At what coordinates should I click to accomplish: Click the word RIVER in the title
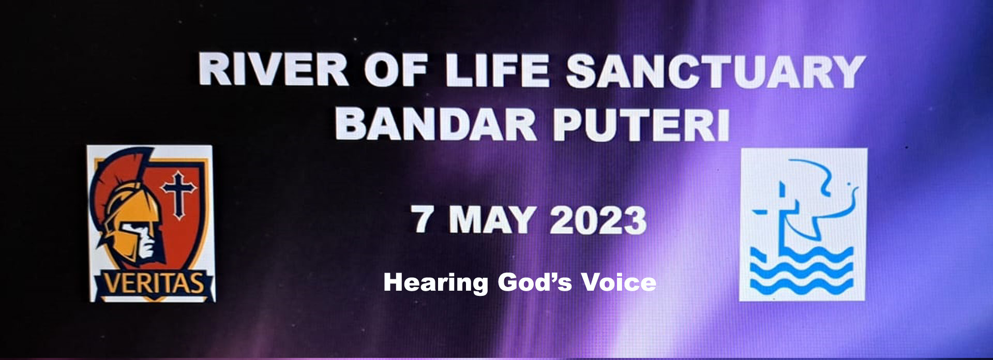(x=274, y=69)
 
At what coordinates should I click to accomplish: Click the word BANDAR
(x=436, y=124)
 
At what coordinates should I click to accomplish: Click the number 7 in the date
(x=423, y=219)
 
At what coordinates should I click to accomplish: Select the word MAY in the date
(x=492, y=220)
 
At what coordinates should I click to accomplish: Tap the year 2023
(x=598, y=220)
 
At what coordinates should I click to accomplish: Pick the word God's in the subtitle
(x=535, y=282)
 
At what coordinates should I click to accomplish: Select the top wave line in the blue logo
(x=801, y=255)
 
